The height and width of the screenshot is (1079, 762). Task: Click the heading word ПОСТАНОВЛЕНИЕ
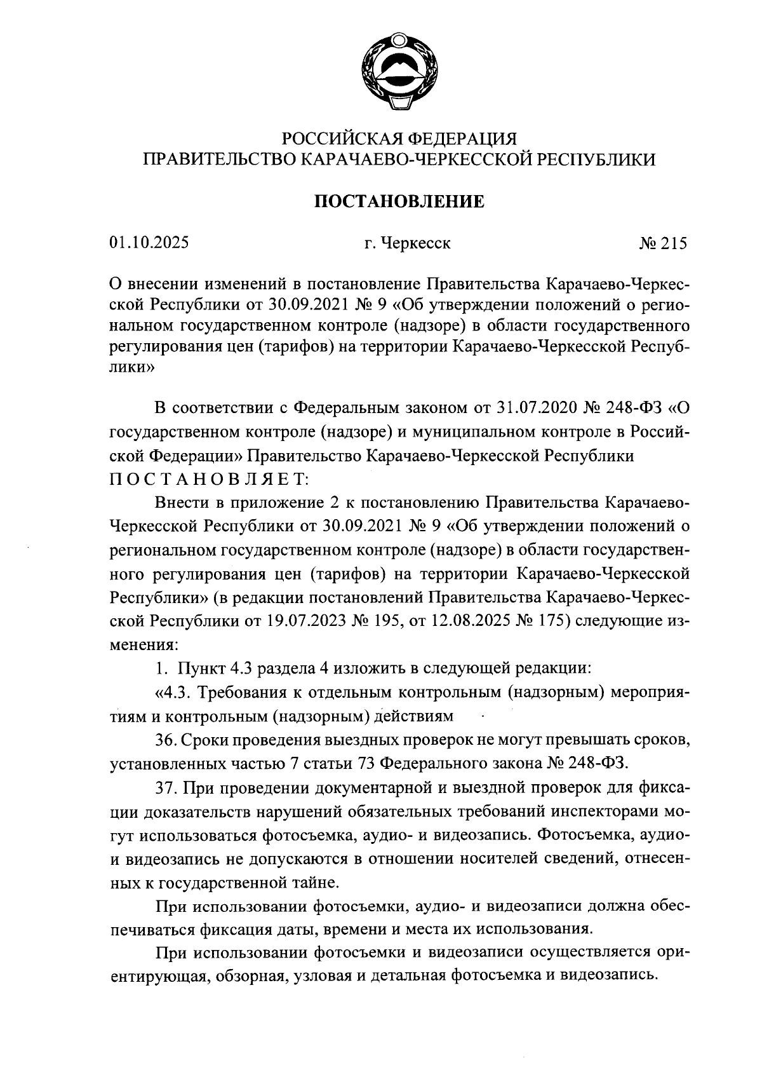[399, 202]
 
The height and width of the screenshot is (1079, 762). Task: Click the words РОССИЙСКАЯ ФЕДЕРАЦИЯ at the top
[399, 138]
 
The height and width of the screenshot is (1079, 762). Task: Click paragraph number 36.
[164, 740]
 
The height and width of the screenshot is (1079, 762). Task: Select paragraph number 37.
[164, 788]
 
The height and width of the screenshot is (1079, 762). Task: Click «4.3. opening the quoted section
[170, 692]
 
